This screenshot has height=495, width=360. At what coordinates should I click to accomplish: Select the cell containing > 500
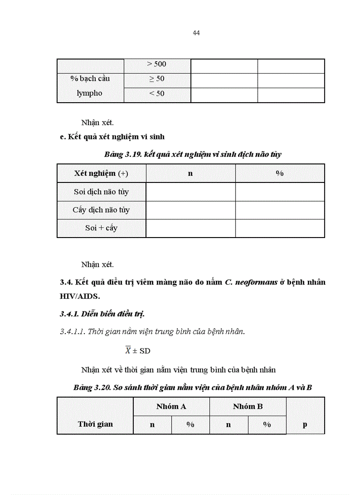coord(157,64)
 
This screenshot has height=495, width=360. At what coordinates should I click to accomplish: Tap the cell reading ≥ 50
coord(157,79)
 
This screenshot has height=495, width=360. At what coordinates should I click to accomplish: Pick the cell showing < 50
coord(157,93)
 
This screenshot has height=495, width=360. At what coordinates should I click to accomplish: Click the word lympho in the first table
coord(90,93)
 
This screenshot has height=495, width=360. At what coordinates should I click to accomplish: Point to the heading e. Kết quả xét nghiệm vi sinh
coord(112,137)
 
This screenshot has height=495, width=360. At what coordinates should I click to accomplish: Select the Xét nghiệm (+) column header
coord(101,173)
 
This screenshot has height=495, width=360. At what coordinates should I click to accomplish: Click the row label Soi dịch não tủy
coord(101,192)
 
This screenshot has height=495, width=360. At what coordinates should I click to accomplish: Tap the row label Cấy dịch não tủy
coord(101,210)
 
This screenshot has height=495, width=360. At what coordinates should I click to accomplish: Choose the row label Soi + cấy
coord(101,228)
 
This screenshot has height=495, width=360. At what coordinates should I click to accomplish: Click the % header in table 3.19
coord(280,173)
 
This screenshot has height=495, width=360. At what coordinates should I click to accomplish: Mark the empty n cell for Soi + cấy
coord(190,228)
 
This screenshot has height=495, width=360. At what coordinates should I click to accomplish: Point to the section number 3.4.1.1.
coord(72,331)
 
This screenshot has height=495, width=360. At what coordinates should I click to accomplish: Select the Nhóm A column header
coord(171,406)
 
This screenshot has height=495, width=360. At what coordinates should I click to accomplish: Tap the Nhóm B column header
coord(247,406)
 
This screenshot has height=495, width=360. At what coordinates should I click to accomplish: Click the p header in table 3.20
coord(305,425)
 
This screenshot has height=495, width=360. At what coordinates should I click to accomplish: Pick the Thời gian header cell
coord(95,424)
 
